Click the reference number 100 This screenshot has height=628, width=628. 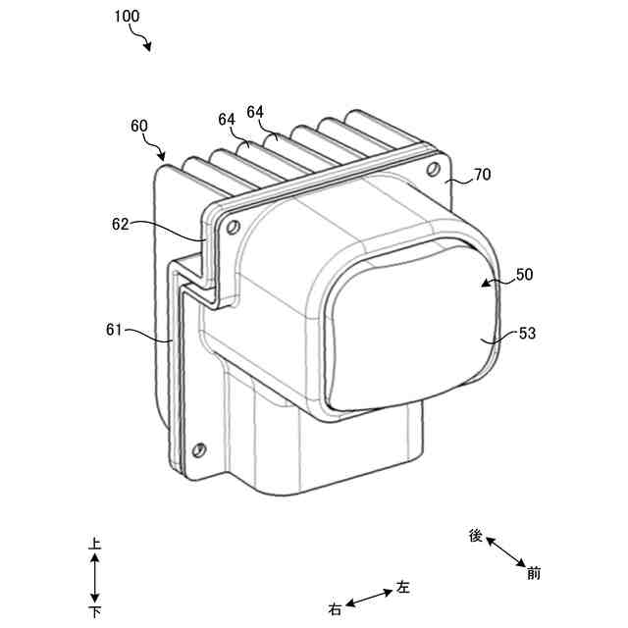tap(127, 16)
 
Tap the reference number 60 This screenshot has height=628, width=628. tap(139, 126)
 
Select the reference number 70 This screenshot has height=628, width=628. tap(482, 175)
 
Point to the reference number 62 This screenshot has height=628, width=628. tap(120, 225)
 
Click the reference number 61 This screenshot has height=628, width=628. tap(114, 330)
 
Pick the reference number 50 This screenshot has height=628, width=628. tap(524, 275)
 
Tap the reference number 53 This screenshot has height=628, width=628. tap(527, 333)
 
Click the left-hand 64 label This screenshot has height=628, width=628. tap(227, 119)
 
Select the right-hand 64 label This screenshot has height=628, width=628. tap(255, 112)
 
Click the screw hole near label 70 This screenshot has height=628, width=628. tap(432, 169)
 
